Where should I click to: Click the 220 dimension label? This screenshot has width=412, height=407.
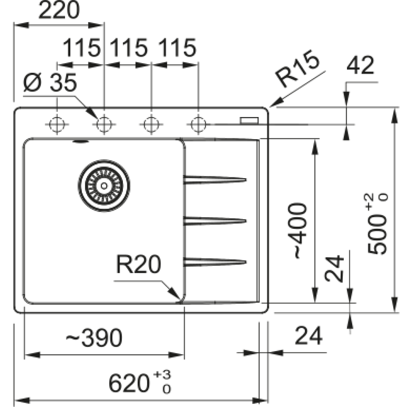tap(59, 10)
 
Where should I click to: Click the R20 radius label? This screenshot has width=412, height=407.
tap(139, 264)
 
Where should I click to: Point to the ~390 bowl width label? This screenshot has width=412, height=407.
tap(94, 337)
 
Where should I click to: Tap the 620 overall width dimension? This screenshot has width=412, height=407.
tap(139, 382)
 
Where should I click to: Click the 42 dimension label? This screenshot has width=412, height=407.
tap(360, 65)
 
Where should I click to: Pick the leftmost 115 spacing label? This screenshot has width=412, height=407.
tap(82, 48)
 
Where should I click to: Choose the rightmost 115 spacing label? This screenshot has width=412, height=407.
tap(177, 48)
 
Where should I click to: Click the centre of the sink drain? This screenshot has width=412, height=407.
tap(104, 186)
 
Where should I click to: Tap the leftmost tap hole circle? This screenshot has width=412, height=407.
tap(57, 124)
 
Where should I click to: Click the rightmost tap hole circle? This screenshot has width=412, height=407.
tap(198, 124)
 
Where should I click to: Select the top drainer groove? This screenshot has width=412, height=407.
tap(215, 180)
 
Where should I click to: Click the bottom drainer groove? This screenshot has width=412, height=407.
tap(215, 262)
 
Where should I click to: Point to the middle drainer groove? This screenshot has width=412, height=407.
tap(215, 221)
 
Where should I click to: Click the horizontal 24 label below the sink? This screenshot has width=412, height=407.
tap(308, 335)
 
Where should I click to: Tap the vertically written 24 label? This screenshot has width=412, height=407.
tap(334, 268)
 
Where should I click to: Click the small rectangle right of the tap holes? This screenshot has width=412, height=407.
tap(249, 120)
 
